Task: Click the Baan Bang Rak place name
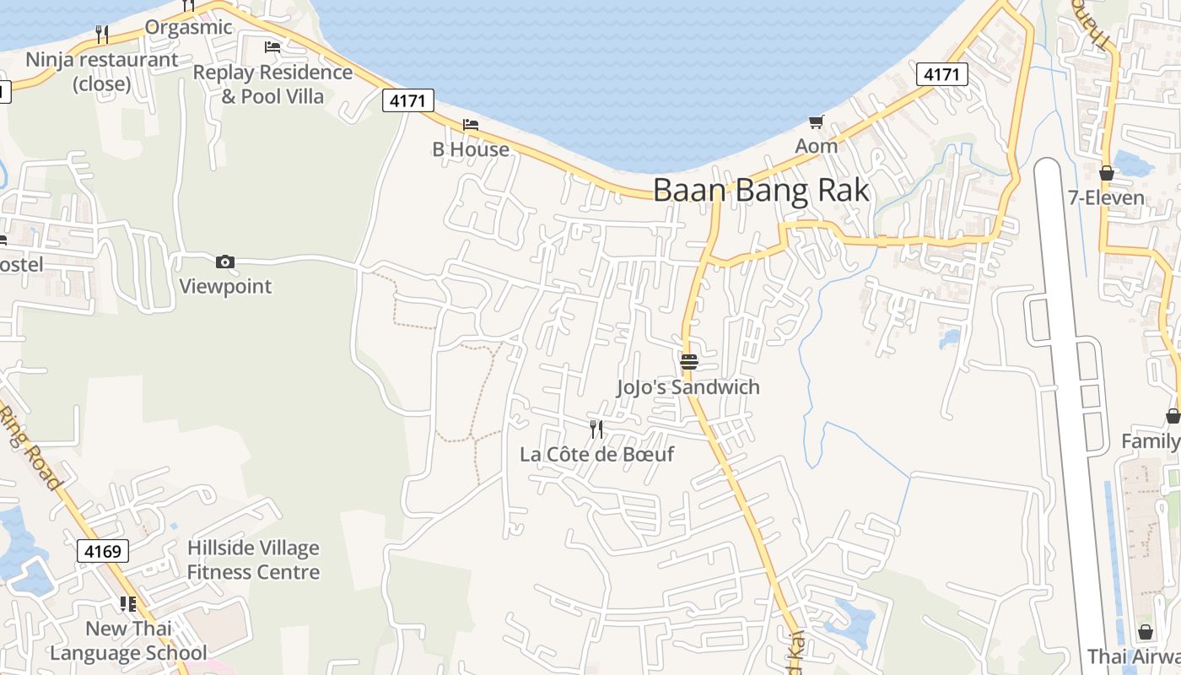[x=761, y=190]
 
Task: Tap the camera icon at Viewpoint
[x=225, y=262]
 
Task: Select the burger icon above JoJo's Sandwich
[x=689, y=362]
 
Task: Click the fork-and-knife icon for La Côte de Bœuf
[x=596, y=429]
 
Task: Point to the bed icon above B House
[x=471, y=125]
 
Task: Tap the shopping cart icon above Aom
[x=816, y=122]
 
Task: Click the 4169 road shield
[x=104, y=552]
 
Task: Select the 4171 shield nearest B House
[x=408, y=101]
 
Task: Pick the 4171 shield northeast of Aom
[x=941, y=74]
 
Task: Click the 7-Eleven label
[x=1106, y=198]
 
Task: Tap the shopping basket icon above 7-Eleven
[x=1107, y=173]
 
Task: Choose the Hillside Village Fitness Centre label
[x=253, y=560]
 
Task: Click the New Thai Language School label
[x=128, y=640]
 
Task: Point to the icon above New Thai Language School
[x=128, y=603]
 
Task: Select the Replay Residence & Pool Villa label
[x=272, y=84]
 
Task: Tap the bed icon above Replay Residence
[x=272, y=47]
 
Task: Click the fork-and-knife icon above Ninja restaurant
[x=102, y=35]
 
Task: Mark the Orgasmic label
[x=188, y=27]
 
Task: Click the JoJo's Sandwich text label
[x=688, y=387]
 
